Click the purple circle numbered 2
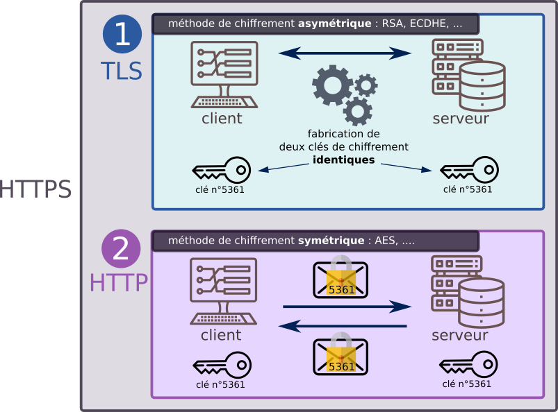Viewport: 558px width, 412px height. coord(122,248)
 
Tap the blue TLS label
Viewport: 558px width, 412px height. coord(122,71)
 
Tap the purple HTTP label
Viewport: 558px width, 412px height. coord(119,282)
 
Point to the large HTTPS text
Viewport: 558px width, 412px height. coord(35,190)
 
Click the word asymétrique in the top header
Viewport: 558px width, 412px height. coord(334,24)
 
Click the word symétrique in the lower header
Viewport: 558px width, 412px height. coord(331,241)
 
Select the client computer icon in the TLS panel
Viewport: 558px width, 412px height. coord(224,75)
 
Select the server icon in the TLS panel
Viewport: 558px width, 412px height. coord(468,75)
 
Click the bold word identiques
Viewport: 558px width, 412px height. coord(344,160)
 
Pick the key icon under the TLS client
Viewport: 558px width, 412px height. coord(221,170)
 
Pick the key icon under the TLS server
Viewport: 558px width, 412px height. coord(469,170)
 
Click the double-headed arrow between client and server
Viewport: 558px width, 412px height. coord(345,53)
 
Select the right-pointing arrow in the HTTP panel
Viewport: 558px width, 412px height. coord(345,307)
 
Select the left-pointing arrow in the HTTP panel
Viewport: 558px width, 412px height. coord(345,325)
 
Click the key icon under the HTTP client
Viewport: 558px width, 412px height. coord(222,366)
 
